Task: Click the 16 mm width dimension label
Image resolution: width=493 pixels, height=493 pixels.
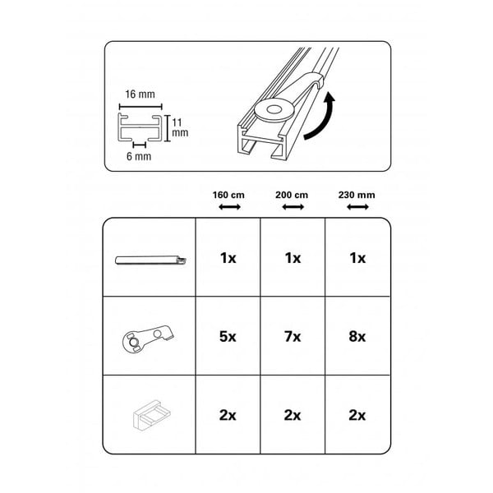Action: coord(140,94)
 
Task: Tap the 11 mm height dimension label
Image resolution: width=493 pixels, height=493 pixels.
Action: coord(180,127)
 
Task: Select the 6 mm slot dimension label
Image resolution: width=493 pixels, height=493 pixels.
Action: coord(139,156)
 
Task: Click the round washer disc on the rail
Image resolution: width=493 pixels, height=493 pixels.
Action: coord(274,110)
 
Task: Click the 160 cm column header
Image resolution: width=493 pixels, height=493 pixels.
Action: coord(228,195)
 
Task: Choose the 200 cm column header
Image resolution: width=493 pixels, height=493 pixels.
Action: coord(292,195)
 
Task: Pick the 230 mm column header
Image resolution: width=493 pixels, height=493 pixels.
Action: coord(357,195)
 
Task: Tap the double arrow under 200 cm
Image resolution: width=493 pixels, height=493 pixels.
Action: coord(293,207)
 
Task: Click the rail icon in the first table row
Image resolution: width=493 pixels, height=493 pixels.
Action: coord(150,260)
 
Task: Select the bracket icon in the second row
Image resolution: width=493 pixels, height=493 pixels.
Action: coord(148,339)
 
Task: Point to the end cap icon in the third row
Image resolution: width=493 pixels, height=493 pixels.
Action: coord(151,415)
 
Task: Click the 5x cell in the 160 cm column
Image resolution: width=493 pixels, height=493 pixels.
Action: coord(228,336)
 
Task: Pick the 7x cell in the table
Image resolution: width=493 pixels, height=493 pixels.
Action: coord(293,336)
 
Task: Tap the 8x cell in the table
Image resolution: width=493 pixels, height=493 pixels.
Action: coord(357,336)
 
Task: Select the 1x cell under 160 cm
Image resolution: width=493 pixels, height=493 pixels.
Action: coord(228,258)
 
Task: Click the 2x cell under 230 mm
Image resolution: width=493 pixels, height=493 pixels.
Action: coord(357,415)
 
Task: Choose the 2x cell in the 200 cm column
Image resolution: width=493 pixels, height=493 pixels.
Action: coord(293,415)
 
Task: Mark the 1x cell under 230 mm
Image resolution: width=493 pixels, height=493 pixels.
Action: coord(357,258)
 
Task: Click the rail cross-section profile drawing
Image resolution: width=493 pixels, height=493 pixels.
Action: coord(141,127)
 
